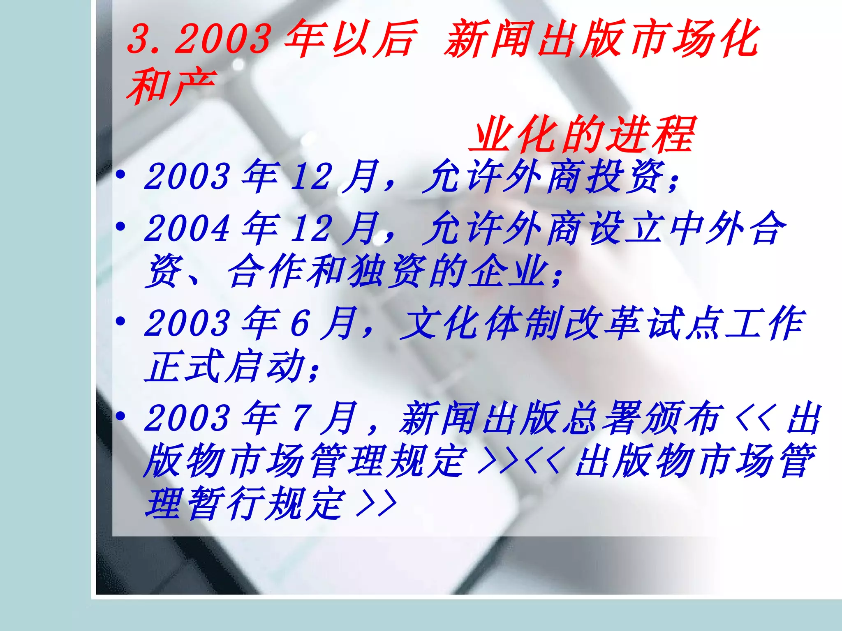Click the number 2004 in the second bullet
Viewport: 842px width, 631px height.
187,228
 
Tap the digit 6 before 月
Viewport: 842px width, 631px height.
300,323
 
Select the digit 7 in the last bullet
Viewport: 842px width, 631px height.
301,417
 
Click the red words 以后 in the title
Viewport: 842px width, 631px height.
372,39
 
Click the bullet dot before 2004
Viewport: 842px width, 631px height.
120,226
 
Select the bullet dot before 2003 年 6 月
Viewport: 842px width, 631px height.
120,321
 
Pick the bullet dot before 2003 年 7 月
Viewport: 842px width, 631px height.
120,416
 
